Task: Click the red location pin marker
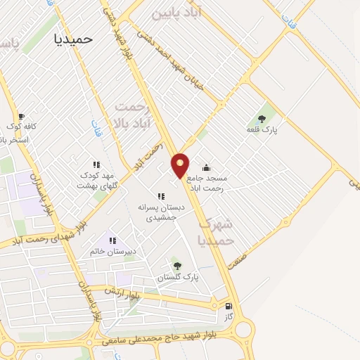coord(181,165)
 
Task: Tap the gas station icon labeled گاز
coord(229,307)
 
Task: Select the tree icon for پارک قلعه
coord(262,118)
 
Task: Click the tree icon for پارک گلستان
coord(177,265)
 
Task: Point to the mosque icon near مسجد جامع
coord(206,167)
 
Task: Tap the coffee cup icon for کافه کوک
coord(21,116)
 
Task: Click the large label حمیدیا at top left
coord(73,39)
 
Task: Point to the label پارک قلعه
coord(262,130)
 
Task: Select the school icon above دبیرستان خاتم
coord(112,240)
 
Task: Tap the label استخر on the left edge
coord(14,140)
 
